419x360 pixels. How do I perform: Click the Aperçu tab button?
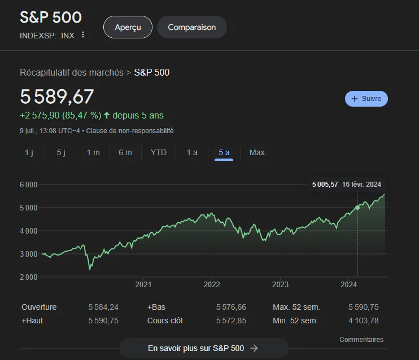coord(128,27)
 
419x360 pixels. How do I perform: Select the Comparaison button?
coord(192,27)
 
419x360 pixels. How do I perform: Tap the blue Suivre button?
coord(366,99)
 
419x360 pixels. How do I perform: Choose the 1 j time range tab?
coord(29,152)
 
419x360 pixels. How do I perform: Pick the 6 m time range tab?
coord(125,152)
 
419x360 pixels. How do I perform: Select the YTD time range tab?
coord(159,152)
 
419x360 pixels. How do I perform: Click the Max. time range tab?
coord(258,152)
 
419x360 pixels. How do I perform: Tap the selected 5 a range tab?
coord(224,152)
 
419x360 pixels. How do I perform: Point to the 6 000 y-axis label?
coord(28,185)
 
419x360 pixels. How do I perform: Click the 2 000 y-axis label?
coord(28,277)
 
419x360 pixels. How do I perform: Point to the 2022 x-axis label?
coord(212,285)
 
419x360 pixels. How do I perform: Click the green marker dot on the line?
coord(357,208)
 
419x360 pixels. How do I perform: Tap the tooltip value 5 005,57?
coord(325,185)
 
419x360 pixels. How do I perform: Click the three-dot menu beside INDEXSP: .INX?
coord(83,35)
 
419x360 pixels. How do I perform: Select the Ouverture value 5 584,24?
coord(103,307)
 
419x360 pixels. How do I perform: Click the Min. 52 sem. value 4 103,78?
coord(364,321)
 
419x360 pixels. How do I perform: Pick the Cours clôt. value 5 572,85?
coord(231,321)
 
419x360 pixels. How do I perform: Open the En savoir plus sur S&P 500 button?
coord(204,348)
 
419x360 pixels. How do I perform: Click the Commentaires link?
coord(361,340)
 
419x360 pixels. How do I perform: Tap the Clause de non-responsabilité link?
coord(130,131)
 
